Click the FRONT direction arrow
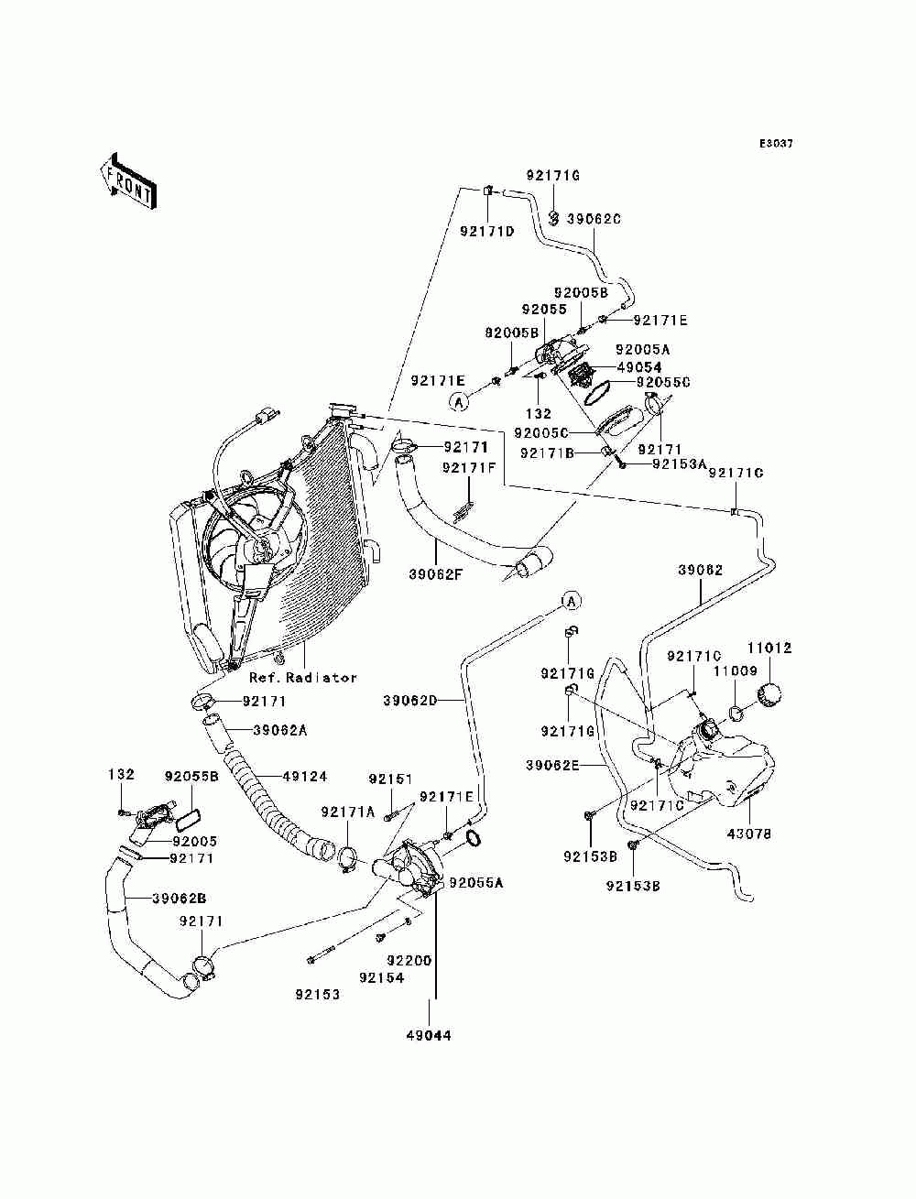(128, 180)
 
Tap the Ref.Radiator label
(303, 678)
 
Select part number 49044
(429, 1036)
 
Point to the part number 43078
(748, 834)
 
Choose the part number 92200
(409, 961)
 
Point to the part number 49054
(639, 367)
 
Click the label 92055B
(191, 776)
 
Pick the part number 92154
(381, 977)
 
